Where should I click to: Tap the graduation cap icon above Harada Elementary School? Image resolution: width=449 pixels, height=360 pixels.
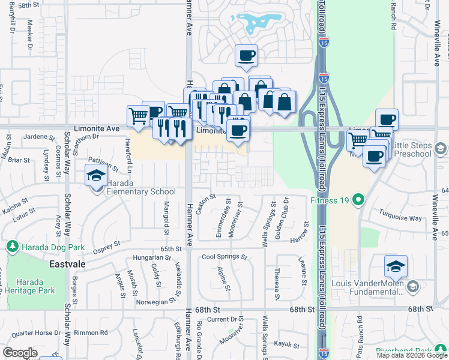tap(95, 176)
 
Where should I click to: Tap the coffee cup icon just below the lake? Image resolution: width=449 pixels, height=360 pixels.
tap(246, 56)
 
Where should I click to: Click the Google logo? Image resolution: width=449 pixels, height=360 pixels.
tap(20, 353)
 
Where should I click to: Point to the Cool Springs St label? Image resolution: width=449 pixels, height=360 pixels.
tap(224, 257)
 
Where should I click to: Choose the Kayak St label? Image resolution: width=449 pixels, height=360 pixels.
tap(287, 344)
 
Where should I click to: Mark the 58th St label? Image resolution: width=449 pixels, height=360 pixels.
tap(28, 5)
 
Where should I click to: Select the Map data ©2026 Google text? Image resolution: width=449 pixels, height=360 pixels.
tap(412, 355)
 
